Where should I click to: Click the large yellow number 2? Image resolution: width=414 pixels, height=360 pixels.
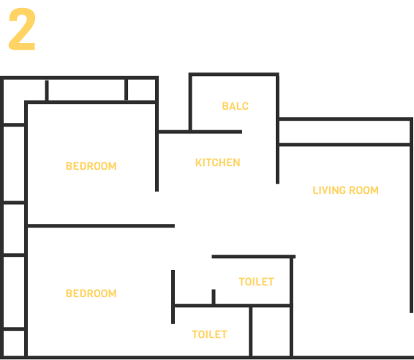coord(22,29)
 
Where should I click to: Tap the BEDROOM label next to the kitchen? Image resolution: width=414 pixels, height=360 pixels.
coord(91,166)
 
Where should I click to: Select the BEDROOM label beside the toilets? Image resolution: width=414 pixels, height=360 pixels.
coord(91,293)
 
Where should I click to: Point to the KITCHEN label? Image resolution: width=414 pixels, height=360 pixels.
coord(217,162)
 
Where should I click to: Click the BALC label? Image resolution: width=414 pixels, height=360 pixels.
coord(236,106)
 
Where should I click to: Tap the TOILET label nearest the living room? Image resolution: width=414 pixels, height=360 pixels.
coord(257,282)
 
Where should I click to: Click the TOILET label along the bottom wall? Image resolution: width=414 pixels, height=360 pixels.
coord(209,334)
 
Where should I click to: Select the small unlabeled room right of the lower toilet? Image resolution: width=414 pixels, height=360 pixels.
coord(271,331)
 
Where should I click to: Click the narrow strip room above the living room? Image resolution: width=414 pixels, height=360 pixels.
coord(345,132)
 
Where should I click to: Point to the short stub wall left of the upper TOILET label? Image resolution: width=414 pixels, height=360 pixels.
coord(214,297)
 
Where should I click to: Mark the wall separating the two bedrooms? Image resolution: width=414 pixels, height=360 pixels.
coord(101,226)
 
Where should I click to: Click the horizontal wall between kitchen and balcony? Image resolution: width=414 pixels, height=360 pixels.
coord(200,132)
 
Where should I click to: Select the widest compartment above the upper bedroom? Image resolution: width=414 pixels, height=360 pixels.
coord(86,90)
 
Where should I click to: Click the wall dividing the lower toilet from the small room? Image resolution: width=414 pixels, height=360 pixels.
coord(251,331)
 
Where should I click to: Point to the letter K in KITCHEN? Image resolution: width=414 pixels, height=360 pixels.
coord(198,162)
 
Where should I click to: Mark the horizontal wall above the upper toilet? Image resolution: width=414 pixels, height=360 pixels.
coord(254,257)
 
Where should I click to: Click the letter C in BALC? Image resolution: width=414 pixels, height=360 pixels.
coord(245,106)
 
